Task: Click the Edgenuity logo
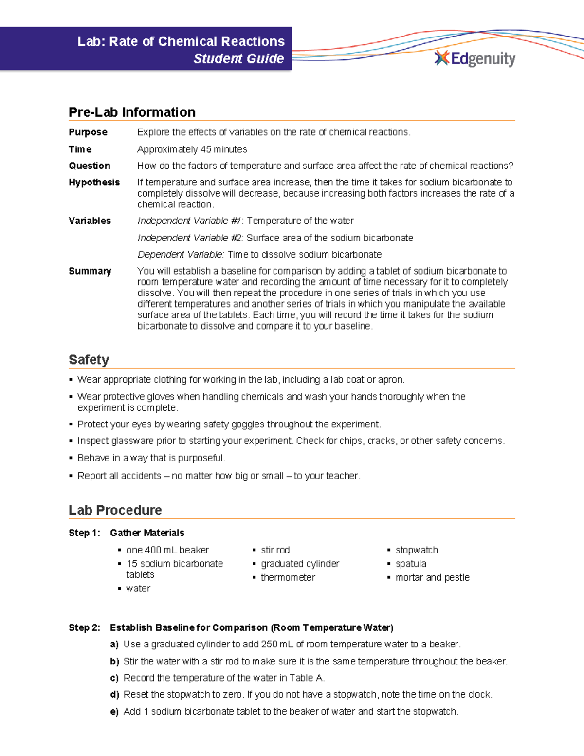pyautogui.click(x=474, y=59)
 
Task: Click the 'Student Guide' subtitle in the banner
pyautogui.click(x=238, y=59)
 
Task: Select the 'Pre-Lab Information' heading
pyautogui.click(x=132, y=112)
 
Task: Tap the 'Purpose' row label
pyautogui.click(x=88, y=132)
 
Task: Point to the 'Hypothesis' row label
pyautogui.click(x=94, y=182)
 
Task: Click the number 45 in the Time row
pyautogui.click(x=206, y=149)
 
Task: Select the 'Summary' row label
pyautogui.click(x=90, y=271)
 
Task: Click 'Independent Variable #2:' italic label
pyautogui.click(x=191, y=238)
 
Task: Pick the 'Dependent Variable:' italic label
pyautogui.click(x=181, y=255)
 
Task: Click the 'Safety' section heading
pyautogui.click(x=89, y=360)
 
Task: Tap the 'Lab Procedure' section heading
pyautogui.click(x=115, y=510)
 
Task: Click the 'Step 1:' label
pyautogui.click(x=85, y=533)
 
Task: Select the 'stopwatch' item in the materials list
pyautogui.click(x=417, y=550)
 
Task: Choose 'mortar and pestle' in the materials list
pyautogui.click(x=432, y=577)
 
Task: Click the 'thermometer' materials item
pyautogui.click(x=288, y=577)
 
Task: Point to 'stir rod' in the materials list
pyautogui.click(x=275, y=550)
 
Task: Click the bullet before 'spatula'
pyautogui.click(x=389, y=564)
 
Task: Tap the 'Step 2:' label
pyautogui.click(x=85, y=627)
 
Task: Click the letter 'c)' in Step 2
pyautogui.click(x=114, y=678)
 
